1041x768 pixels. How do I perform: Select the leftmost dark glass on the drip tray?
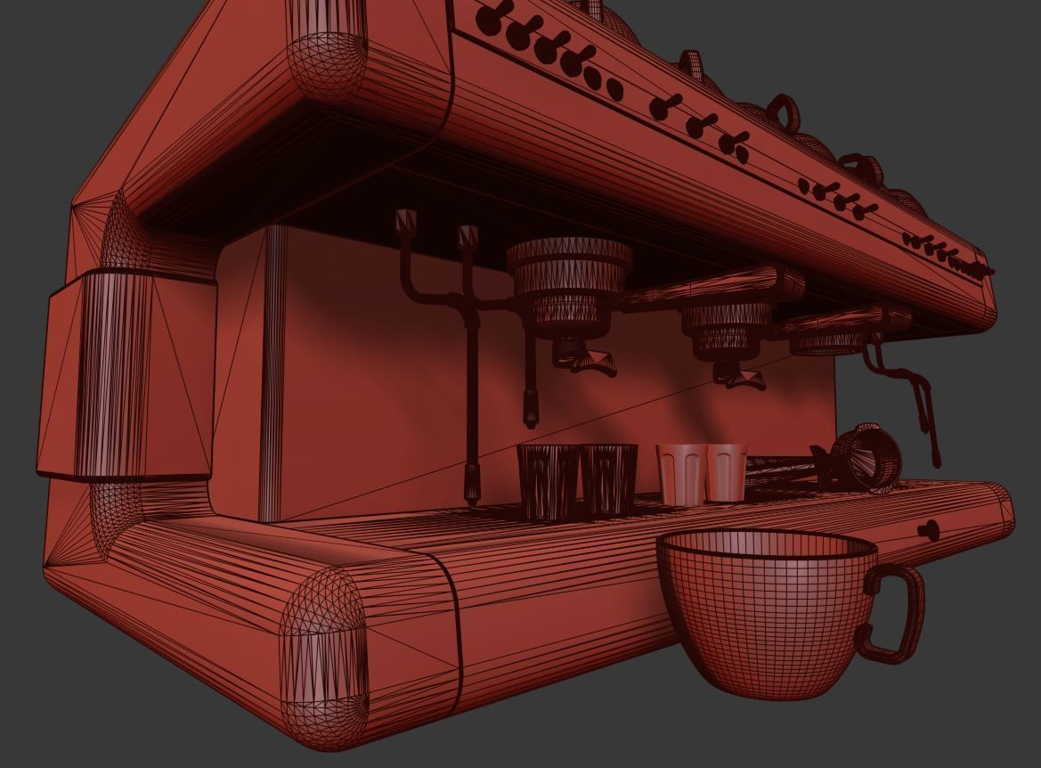coord(548,481)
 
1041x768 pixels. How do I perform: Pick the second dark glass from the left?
coord(609,479)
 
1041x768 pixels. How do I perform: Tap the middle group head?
coord(727,326)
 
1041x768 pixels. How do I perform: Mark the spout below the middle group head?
coord(742,380)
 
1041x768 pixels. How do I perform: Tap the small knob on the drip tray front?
coord(929,531)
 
